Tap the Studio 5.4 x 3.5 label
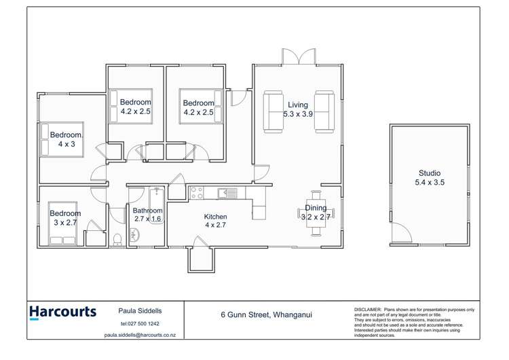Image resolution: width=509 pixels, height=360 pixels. point(429,178)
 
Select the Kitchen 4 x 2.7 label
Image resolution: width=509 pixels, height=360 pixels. point(215,221)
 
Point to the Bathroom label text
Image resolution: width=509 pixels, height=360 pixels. point(147,211)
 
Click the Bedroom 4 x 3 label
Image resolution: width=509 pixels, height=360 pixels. point(67,139)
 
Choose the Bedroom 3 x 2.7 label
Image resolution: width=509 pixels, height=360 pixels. point(66,218)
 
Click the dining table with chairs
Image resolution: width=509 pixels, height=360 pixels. point(315,216)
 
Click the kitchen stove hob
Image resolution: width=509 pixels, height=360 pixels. point(197,193)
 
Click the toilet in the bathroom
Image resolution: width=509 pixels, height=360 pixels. point(117,238)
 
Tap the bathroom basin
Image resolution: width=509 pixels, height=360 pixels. point(134,236)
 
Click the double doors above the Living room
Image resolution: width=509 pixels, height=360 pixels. point(298,57)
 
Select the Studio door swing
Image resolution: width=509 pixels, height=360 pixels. point(402,234)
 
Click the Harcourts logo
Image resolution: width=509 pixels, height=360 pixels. point(62,312)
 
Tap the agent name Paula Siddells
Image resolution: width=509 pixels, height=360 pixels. point(140,310)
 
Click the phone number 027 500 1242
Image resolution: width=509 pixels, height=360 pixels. point(140,323)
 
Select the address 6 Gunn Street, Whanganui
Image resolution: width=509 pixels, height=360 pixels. point(266,314)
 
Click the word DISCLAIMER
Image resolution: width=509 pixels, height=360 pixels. point(368,309)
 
